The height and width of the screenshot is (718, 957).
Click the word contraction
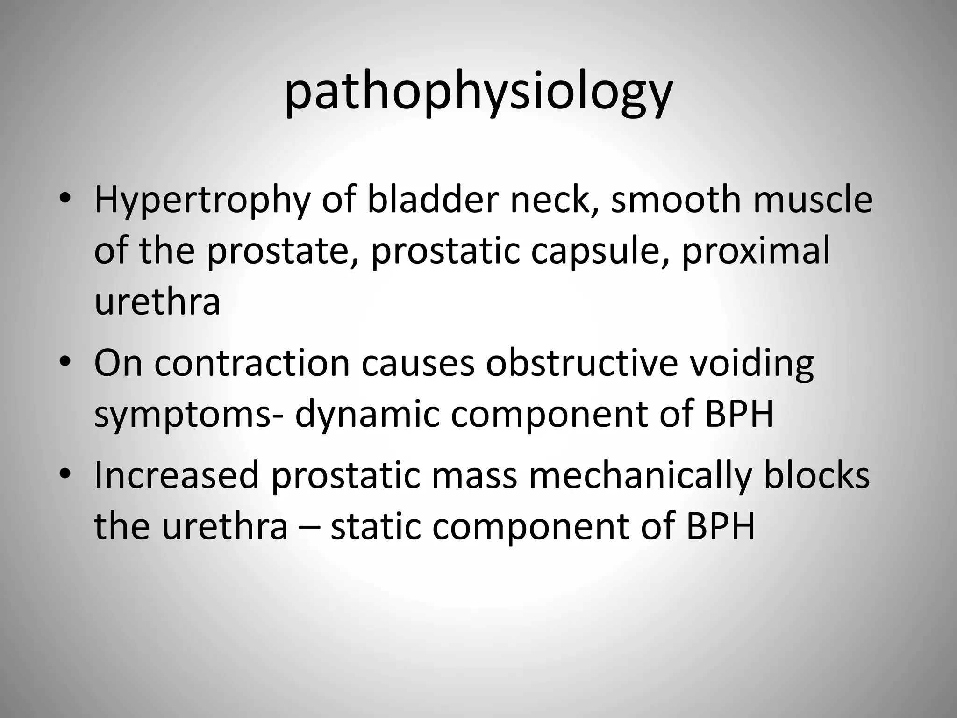[x=252, y=363]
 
